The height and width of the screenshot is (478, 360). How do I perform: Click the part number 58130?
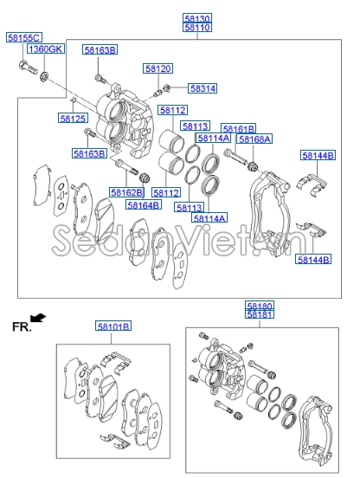tap(196, 18)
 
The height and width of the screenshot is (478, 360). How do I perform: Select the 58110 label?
tap(196, 28)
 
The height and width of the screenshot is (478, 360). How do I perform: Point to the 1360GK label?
tap(45, 50)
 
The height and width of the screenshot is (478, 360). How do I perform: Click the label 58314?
tap(202, 88)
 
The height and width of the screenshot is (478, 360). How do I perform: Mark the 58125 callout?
tap(73, 118)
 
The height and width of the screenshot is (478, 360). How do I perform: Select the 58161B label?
tap(238, 128)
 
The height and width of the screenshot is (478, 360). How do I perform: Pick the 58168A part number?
tap(255, 139)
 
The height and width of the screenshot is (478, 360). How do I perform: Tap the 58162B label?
tap(126, 191)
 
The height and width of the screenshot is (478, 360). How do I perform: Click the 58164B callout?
tap(143, 205)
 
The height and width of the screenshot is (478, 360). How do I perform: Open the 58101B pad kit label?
tap(112, 326)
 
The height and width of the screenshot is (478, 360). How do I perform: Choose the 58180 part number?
tap(259, 307)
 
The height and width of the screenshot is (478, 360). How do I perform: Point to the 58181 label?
tap(259, 316)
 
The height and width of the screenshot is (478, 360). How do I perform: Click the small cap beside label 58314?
tap(166, 88)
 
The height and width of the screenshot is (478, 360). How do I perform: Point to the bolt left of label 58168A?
tap(234, 157)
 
